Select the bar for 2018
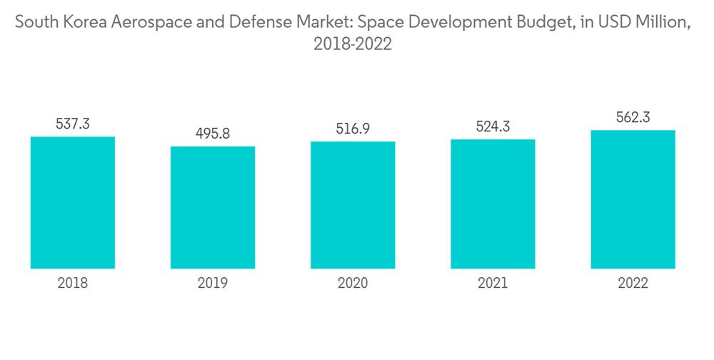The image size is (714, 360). pos(73,202)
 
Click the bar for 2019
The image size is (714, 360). pos(213,207)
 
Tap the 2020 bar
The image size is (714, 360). pos(353,205)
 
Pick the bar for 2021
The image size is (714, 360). pos(493,204)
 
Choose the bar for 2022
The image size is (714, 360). pos(633,199)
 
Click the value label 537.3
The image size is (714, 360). pos(73,124)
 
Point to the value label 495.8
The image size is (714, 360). pos(213,134)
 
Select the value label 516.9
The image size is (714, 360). pos(353,129)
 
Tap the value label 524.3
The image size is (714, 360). pos(493,126)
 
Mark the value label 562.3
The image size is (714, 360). pos(633,117)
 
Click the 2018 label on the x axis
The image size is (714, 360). pos(73,284)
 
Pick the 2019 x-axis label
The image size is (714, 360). pos(213,284)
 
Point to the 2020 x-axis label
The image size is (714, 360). pos(353,284)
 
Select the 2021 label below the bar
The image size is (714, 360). pos(493,284)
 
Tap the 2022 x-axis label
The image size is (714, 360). pos(633,284)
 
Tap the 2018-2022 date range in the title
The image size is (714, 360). pos(353,44)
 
